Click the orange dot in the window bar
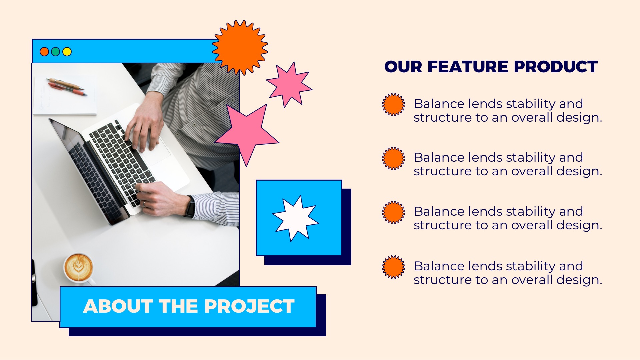(x=44, y=52)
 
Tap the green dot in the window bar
(x=56, y=52)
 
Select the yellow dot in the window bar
(x=67, y=52)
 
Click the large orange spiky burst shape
(x=240, y=47)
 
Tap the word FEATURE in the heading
(x=470, y=67)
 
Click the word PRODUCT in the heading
(x=556, y=67)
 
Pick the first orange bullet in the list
(x=393, y=105)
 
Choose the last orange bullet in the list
(x=393, y=267)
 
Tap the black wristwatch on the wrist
(x=190, y=207)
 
